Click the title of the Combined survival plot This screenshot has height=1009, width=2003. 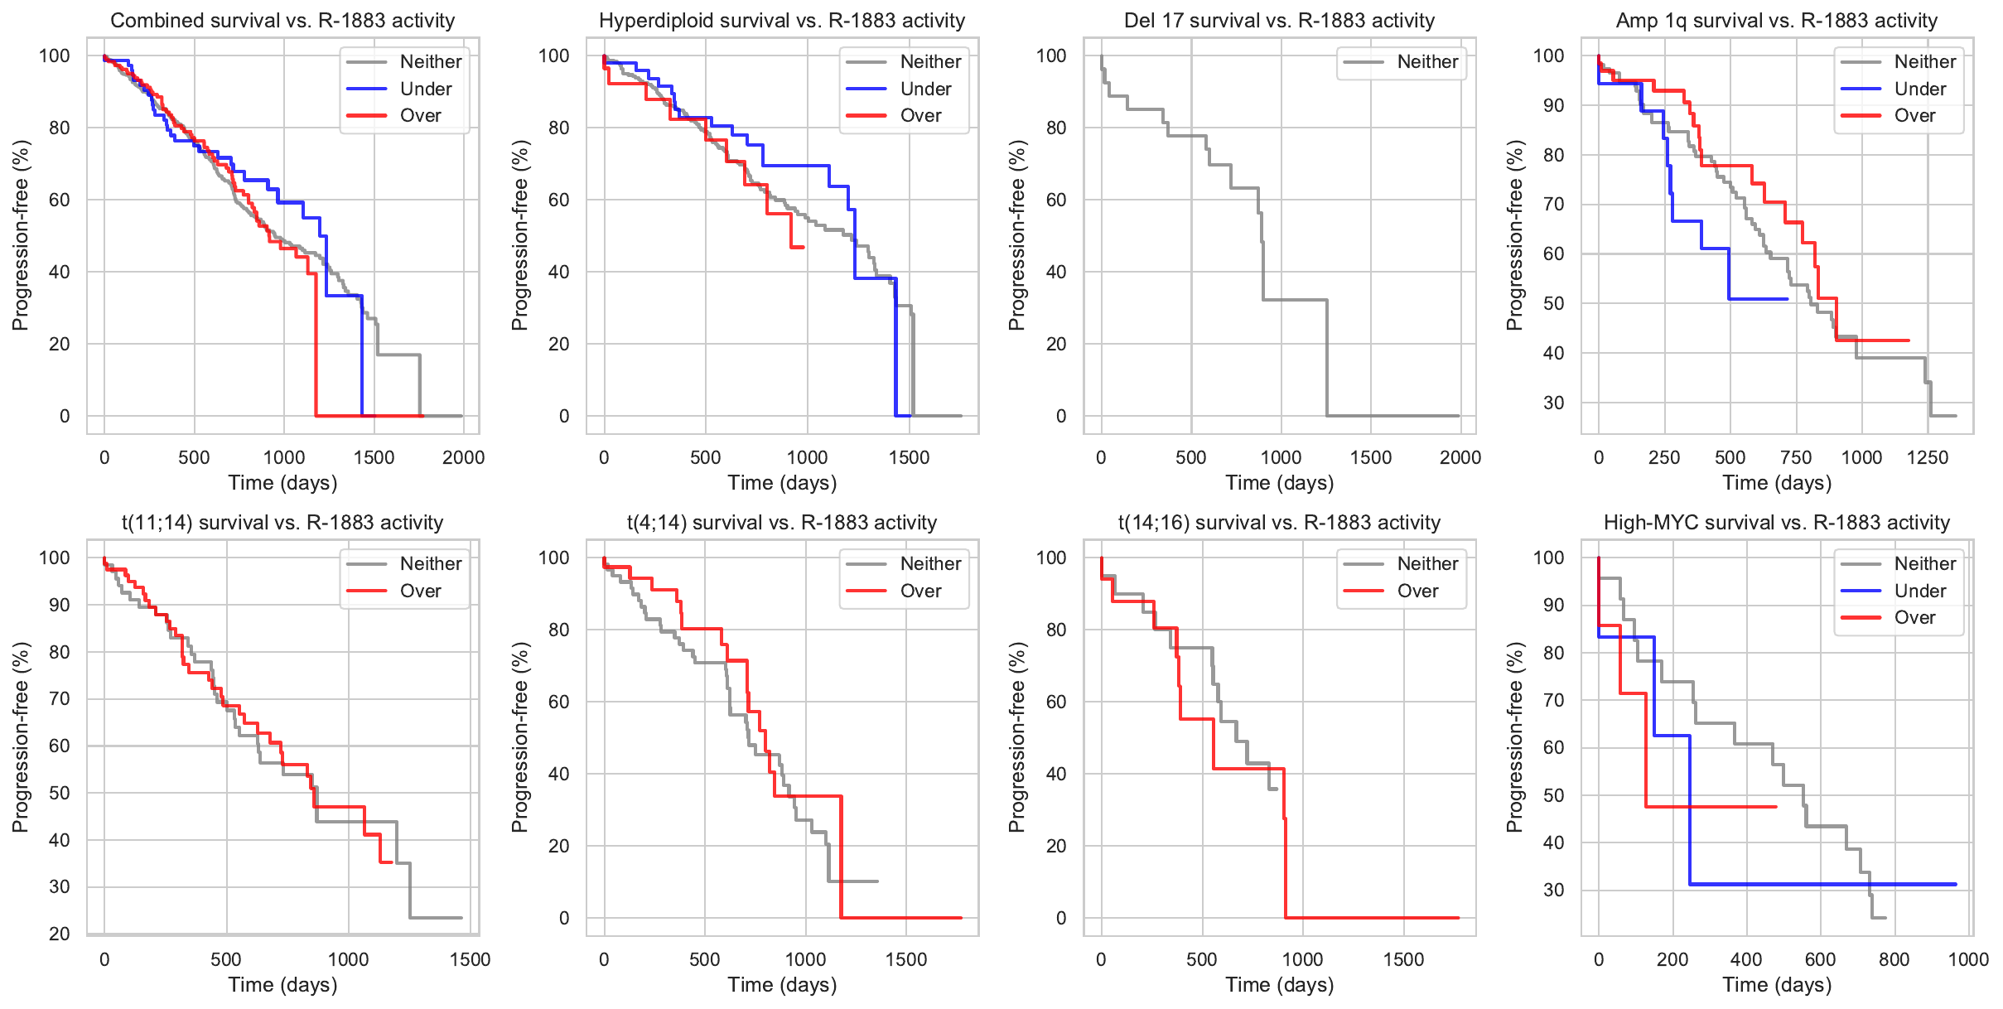pos(282,21)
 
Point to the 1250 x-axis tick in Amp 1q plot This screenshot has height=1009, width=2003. pos(1928,458)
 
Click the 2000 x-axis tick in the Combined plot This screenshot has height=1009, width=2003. pos(463,458)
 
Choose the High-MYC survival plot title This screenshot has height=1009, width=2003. pos(1776,523)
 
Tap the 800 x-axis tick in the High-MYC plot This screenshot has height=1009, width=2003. pos(1894,960)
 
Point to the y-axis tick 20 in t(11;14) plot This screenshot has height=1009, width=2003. pos(60,934)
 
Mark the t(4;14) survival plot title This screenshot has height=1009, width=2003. pos(781,523)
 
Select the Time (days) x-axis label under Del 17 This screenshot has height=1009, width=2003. pos(1279,483)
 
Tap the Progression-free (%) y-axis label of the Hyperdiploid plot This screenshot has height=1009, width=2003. pos(519,235)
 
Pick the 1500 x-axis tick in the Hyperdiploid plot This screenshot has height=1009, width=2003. pos(909,458)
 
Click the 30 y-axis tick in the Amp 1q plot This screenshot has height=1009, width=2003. pos(1553,403)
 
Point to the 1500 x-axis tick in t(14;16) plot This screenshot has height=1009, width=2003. pos(1403,960)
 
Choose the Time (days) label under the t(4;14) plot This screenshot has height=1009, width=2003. pos(781,985)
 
